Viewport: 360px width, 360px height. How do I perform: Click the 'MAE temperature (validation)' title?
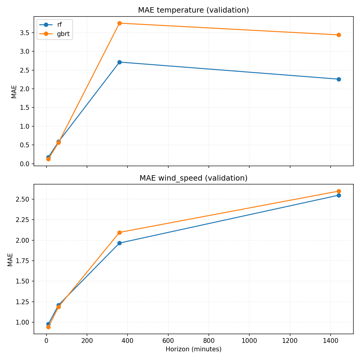pos(193,10)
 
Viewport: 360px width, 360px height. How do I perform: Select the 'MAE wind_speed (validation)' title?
pos(193,178)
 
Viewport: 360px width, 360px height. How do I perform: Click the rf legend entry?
pos(59,25)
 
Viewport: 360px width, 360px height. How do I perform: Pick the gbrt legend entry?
pos(63,34)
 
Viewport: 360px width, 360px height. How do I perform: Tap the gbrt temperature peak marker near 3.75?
pos(119,23)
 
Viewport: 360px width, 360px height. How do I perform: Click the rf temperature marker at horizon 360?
pos(119,62)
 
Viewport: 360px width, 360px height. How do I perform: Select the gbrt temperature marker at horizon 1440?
pos(339,35)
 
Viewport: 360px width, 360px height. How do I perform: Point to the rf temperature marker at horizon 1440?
pos(339,79)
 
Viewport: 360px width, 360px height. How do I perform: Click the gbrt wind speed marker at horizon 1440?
pos(339,191)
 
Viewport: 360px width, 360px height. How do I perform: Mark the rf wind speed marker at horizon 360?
pos(119,243)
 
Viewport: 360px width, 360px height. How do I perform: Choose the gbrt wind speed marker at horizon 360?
pos(119,232)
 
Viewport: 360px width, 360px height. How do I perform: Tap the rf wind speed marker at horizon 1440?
pos(339,195)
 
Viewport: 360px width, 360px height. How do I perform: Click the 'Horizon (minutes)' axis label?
pos(193,349)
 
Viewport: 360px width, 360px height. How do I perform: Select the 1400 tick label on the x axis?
pos(330,341)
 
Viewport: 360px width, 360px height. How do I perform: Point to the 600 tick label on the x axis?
pos(168,341)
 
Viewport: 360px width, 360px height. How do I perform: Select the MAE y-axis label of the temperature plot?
pos(14,91)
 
